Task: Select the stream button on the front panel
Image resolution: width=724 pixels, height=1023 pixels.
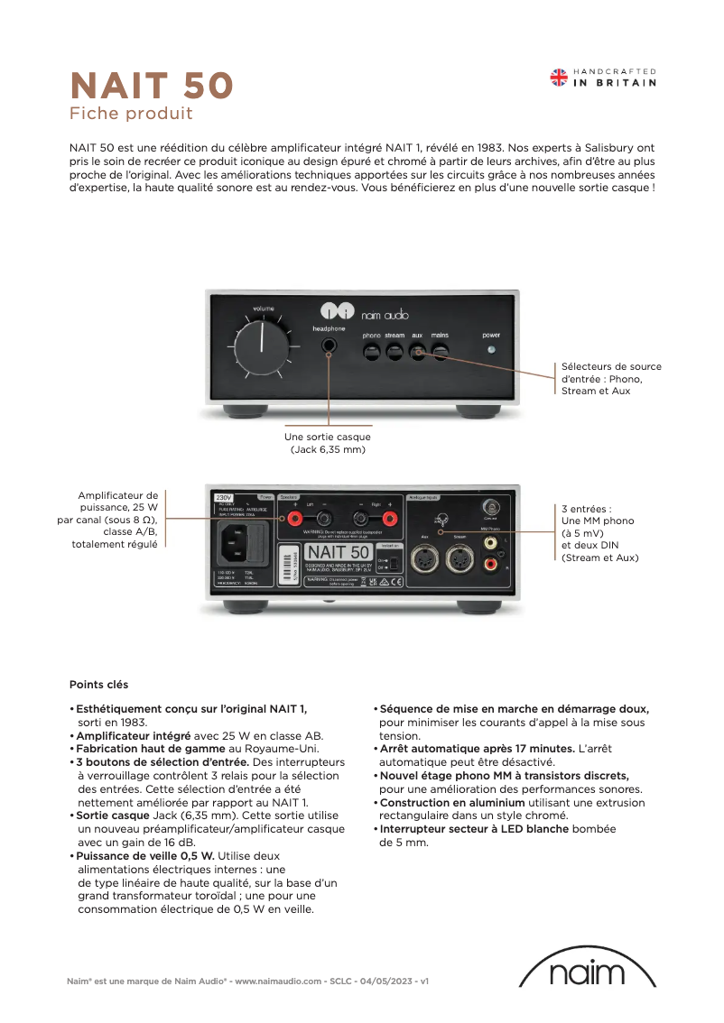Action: (x=394, y=351)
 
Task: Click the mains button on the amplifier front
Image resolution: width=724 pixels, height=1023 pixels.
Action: (x=440, y=351)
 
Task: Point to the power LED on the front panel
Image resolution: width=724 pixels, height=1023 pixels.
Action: (x=491, y=350)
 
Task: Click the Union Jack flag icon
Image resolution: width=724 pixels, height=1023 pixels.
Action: (x=559, y=78)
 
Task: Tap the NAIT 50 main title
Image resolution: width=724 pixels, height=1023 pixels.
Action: (x=152, y=86)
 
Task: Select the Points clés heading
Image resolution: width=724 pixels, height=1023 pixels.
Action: (x=99, y=685)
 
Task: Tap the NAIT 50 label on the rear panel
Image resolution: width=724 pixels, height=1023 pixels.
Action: (x=337, y=551)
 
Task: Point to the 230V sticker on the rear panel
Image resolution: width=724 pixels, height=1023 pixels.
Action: (x=223, y=497)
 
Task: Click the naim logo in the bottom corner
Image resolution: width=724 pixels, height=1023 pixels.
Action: (x=587, y=972)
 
